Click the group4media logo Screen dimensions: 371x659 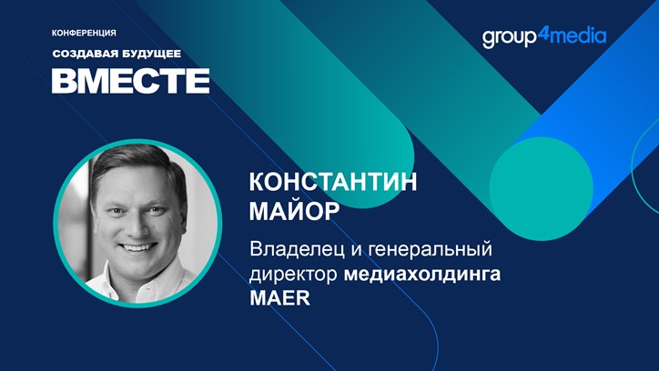pyautogui.click(x=544, y=37)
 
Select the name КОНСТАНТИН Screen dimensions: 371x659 pyautogui.click(x=333, y=182)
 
